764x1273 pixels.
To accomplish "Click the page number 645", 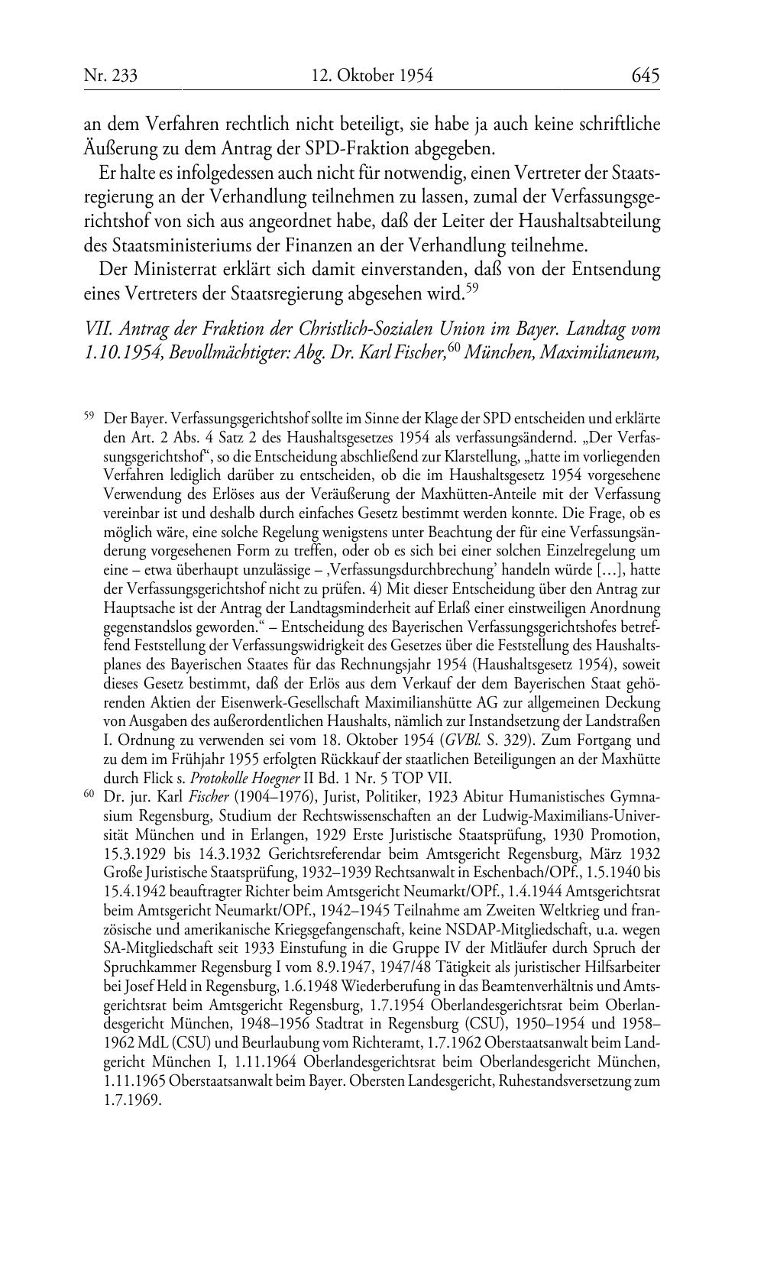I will point(645,76).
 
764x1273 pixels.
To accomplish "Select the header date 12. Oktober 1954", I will point(372,76).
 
